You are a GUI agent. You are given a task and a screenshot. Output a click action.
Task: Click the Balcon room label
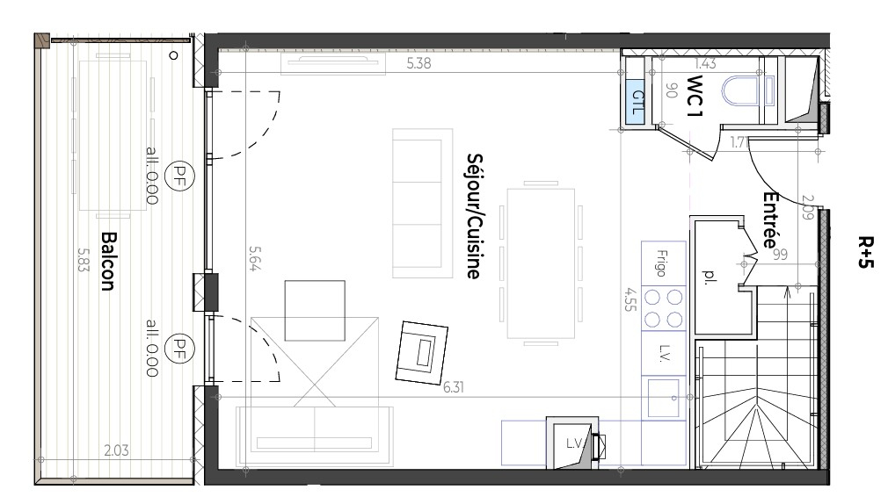pos(108,261)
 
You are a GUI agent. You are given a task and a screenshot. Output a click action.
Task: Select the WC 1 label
pos(695,96)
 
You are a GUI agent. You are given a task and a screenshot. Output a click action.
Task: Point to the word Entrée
pos(769,220)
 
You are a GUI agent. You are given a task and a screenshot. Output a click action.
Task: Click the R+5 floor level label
pos(866,252)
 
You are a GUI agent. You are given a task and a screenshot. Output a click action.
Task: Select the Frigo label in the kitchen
pos(662,263)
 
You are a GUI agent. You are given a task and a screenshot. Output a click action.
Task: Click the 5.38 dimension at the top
pos(419,63)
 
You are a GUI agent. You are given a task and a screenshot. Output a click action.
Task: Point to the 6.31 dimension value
pos(453,387)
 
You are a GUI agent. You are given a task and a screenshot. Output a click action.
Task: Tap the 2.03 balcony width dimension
pos(116,450)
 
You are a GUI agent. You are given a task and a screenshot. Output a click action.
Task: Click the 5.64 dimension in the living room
pos(256,258)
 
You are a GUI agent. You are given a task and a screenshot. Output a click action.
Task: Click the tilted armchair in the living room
pos(421,353)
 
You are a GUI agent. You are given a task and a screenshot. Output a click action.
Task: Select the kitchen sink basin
pos(663,398)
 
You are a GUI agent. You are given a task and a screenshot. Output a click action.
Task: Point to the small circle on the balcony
pos(174,55)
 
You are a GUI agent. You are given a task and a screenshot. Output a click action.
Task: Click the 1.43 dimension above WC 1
pos(705,63)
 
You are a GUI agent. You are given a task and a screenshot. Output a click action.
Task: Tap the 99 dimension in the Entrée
pos(781,255)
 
